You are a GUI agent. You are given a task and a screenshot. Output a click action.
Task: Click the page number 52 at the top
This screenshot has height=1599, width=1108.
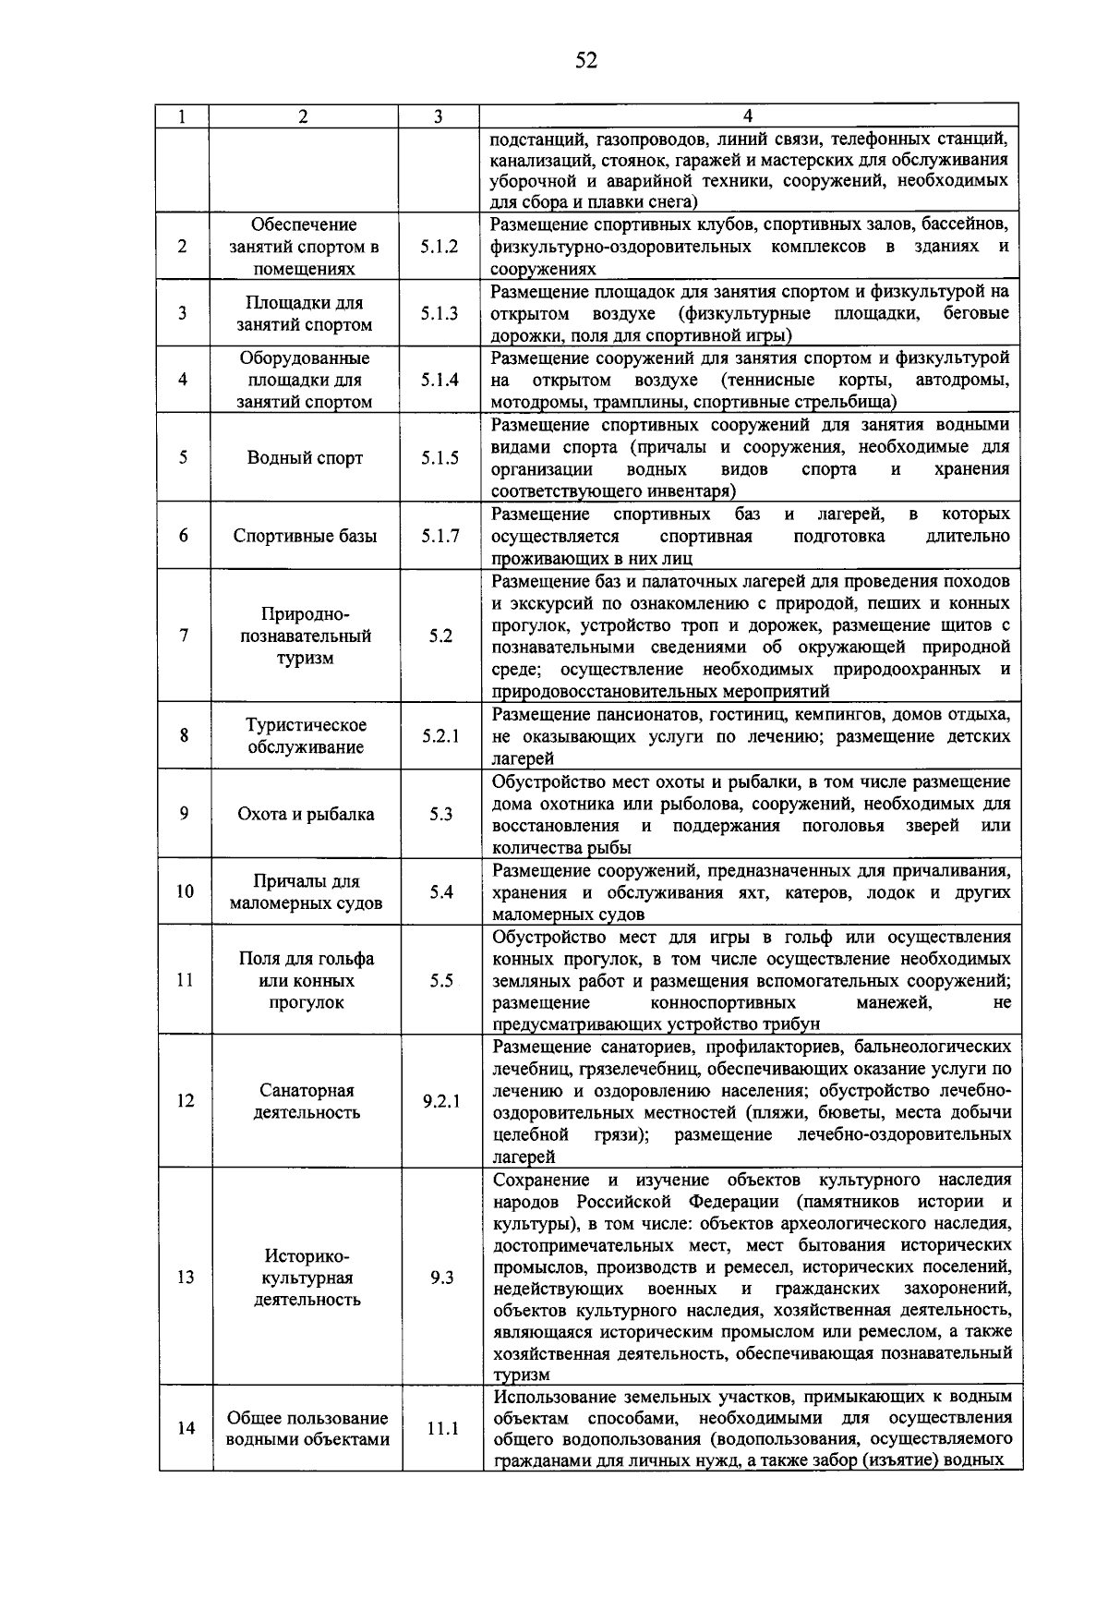point(586,61)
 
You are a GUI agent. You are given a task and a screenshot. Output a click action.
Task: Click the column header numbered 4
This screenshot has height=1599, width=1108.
point(748,116)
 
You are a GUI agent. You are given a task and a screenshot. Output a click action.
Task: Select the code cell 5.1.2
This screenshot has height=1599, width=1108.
point(440,247)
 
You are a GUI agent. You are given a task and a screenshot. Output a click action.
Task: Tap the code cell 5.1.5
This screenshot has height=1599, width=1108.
point(440,458)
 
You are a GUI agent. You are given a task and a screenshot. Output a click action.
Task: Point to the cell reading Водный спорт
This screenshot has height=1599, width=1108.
point(305,458)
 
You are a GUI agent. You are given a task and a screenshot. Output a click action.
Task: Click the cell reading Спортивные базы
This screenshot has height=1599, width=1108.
point(305,536)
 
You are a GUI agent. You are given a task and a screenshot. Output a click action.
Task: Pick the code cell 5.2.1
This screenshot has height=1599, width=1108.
point(440,736)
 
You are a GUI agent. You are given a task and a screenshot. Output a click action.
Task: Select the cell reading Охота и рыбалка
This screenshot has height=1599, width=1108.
point(306,814)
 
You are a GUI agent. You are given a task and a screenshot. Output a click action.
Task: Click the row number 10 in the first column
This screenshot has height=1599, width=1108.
point(185,891)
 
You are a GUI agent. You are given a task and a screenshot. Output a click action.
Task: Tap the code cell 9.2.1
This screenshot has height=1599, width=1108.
point(441,1101)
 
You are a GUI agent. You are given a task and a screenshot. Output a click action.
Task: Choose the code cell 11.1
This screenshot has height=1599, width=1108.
point(441,1429)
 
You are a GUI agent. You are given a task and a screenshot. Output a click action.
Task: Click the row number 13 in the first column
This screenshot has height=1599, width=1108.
point(186,1278)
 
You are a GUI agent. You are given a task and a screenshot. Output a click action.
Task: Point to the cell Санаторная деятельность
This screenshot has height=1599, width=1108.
point(307,1101)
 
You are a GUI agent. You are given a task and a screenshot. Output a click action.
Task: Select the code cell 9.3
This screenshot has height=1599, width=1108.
point(441,1278)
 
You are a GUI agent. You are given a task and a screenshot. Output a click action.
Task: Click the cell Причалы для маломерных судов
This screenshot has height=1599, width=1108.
point(306,892)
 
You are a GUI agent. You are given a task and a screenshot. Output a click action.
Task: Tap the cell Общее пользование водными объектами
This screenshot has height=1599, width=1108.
point(307,1429)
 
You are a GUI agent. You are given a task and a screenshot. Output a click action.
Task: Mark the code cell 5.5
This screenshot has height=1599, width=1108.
point(440,981)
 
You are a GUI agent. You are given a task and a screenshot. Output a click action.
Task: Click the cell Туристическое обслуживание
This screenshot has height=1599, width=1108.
point(306,736)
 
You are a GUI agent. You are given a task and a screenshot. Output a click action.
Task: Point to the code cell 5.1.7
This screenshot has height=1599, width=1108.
point(440,536)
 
